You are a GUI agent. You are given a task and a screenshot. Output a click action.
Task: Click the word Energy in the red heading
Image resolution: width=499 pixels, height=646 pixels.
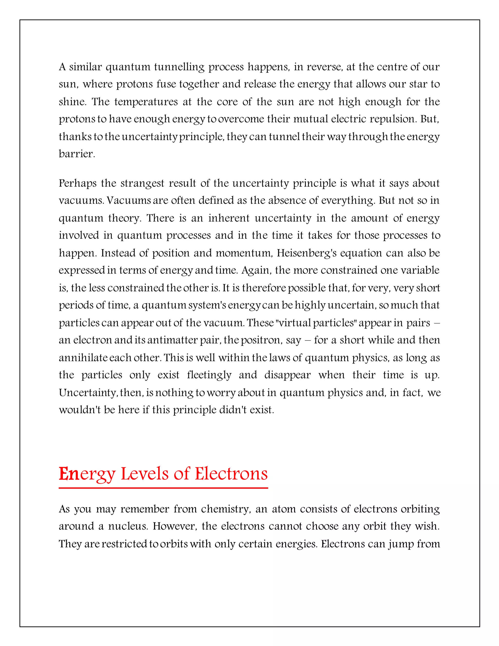click(x=86, y=474)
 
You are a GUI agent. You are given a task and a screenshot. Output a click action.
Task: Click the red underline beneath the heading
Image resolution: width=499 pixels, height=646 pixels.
click(x=163, y=488)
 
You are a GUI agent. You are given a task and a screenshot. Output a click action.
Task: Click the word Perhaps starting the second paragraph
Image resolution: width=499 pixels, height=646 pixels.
click(x=77, y=183)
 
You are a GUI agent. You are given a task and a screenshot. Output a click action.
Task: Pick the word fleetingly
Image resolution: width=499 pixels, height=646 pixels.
click(x=209, y=375)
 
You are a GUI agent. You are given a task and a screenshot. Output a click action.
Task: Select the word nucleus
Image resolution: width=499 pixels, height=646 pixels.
click(x=128, y=526)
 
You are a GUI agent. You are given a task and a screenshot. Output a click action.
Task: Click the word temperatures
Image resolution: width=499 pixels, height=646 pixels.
click(x=146, y=102)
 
